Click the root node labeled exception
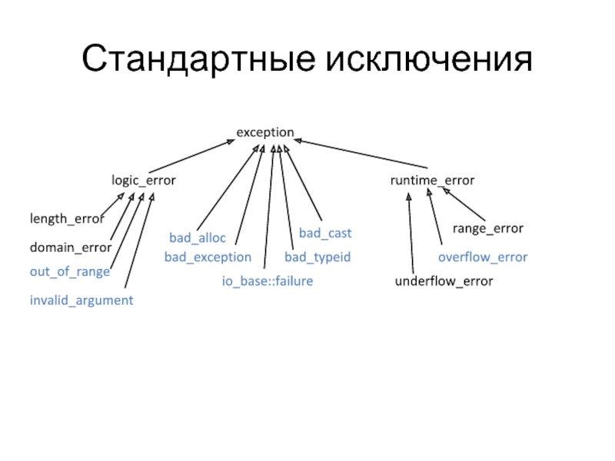(x=264, y=132)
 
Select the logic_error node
(x=144, y=181)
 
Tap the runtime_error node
(x=432, y=180)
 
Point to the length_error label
(x=66, y=219)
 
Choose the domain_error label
(x=71, y=248)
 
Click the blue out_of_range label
(x=69, y=271)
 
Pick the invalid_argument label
(x=81, y=300)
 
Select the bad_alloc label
(x=198, y=237)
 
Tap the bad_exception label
(x=208, y=257)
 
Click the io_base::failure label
(x=268, y=282)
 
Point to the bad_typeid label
(x=317, y=257)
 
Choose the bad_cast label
(x=325, y=232)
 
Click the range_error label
(x=487, y=228)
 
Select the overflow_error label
(x=483, y=257)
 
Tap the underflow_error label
(x=444, y=282)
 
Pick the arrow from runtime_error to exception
(x=361, y=154)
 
